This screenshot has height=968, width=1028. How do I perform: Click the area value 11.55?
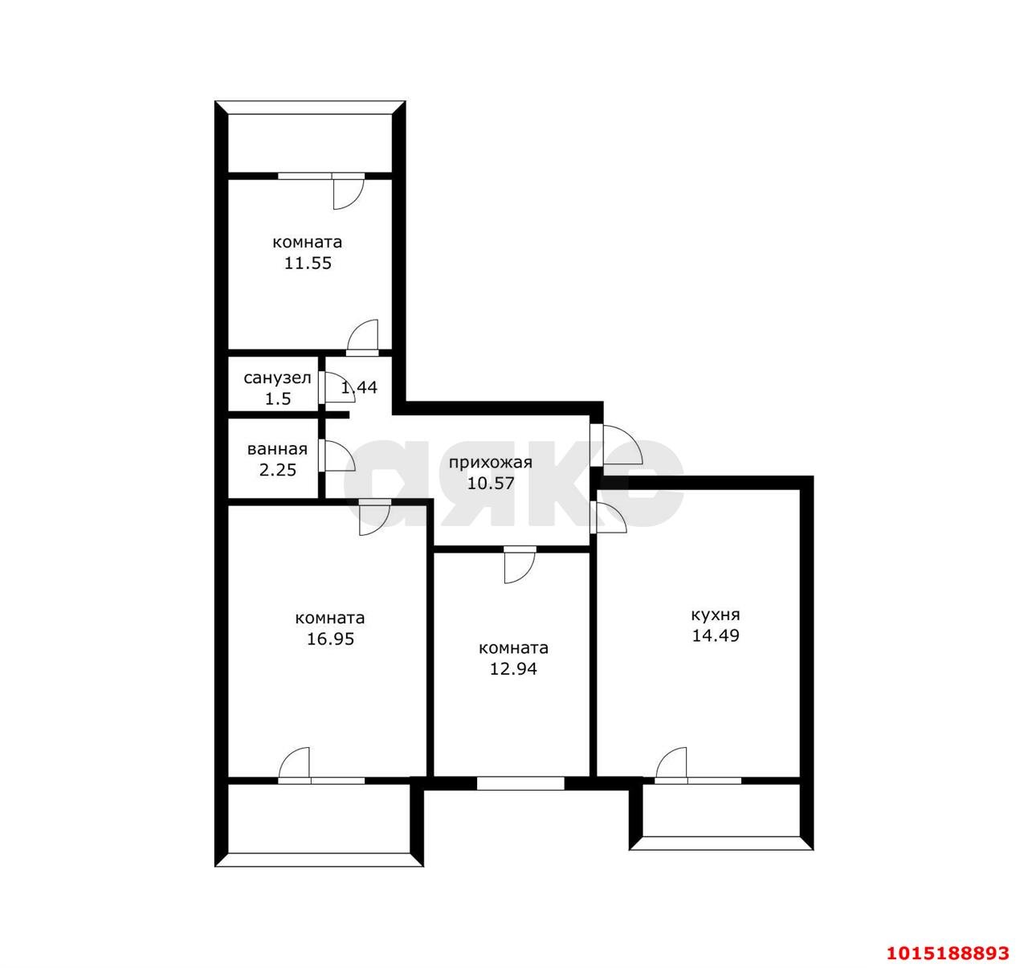(308, 263)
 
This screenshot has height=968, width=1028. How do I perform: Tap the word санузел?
(277, 378)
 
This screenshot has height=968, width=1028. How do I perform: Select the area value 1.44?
(359, 387)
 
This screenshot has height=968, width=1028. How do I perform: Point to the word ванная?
(277, 449)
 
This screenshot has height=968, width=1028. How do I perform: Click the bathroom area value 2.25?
(277, 470)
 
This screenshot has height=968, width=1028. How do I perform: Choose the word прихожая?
(490, 463)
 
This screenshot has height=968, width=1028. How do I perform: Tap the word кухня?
(716, 615)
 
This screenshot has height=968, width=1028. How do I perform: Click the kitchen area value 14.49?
(716, 635)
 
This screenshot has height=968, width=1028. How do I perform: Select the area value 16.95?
(330, 639)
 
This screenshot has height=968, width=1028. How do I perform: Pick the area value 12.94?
(513, 668)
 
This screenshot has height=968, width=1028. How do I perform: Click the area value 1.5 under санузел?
(278, 398)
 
